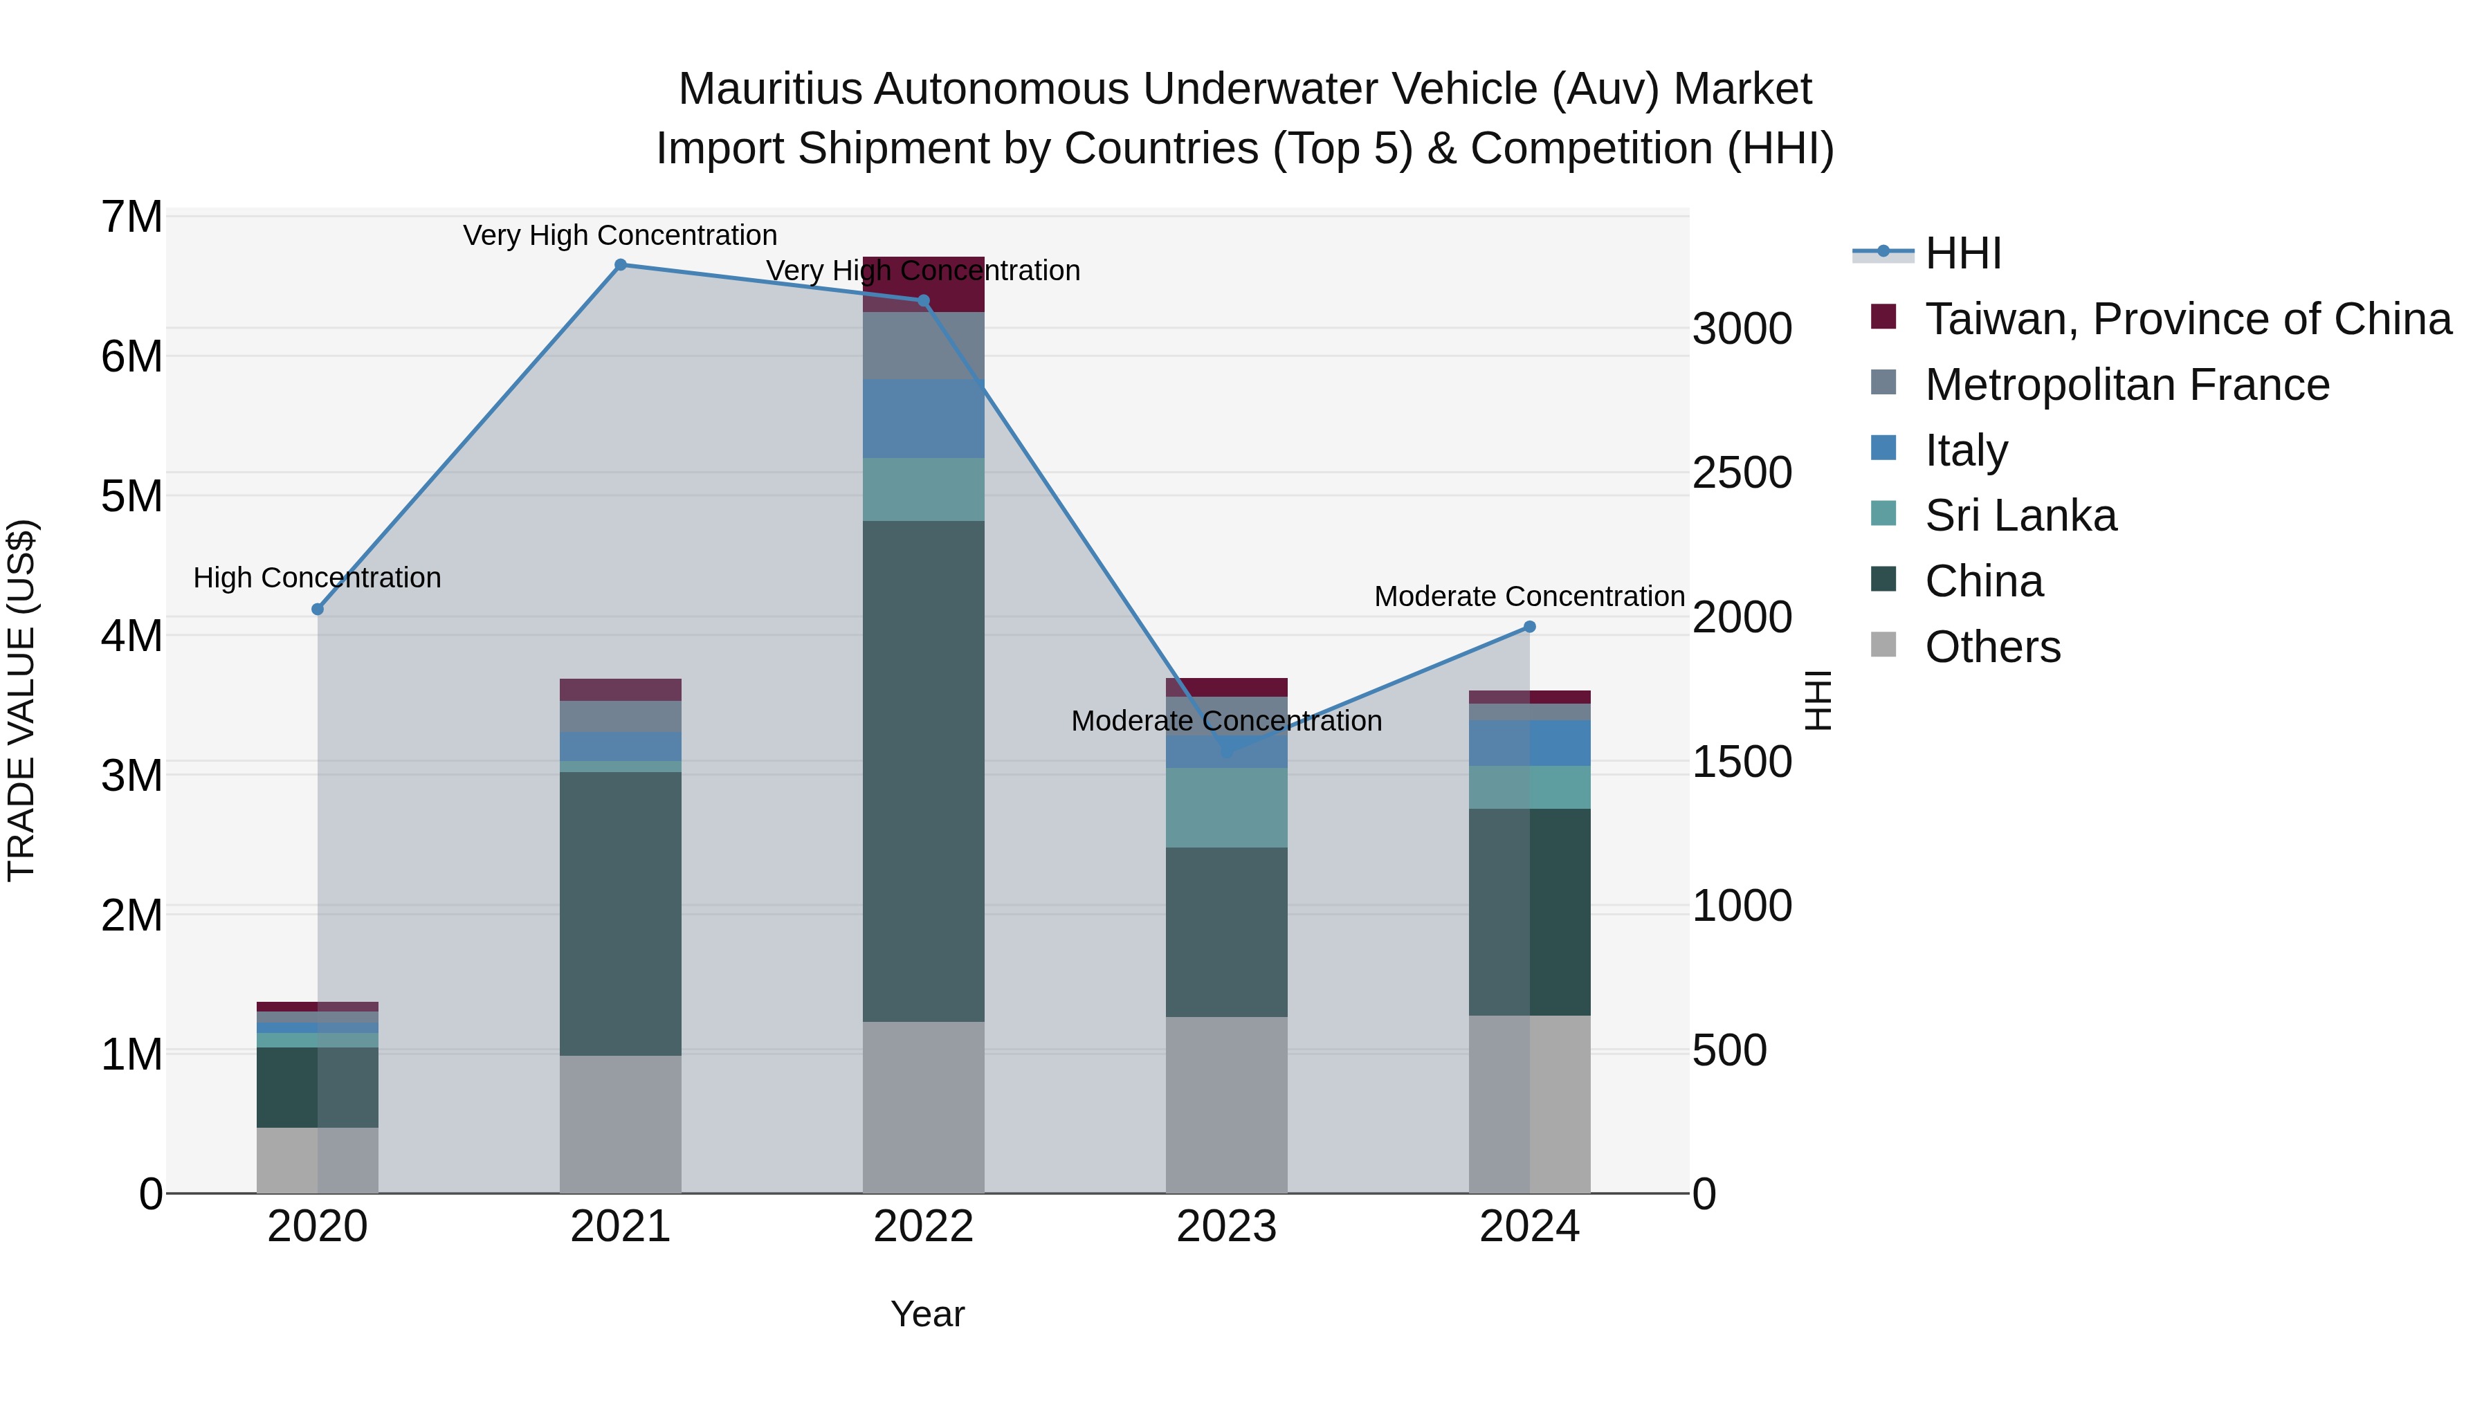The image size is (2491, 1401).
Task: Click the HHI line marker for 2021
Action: pyautogui.click(x=621, y=264)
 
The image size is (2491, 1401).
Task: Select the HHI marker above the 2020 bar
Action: pyautogui.click(x=317, y=609)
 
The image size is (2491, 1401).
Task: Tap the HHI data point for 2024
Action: pyautogui.click(x=1530, y=627)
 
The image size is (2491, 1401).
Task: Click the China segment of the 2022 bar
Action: pyautogui.click(x=924, y=771)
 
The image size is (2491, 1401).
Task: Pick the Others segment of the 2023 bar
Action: pyautogui.click(x=1226, y=1104)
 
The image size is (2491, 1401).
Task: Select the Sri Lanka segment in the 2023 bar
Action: pyautogui.click(x=1226, y=807)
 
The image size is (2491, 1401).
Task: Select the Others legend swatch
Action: pyautogui.click(x=1883, y=644)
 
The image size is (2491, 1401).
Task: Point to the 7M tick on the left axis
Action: pyautogui.click(x=131, y=217)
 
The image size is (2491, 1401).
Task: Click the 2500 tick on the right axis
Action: pyautogui.click(x=1742, y=473)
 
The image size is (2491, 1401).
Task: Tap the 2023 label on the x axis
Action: pyautogui.click(x=1226, y=1227)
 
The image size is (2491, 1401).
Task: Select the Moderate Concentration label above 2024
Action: pyautogui.click(x=1530, y=596)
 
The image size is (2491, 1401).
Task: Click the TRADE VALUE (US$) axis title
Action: pyautogui.click(x=21, y=700)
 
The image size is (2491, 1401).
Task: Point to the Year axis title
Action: pyautogui.click(x=927, y=1314)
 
